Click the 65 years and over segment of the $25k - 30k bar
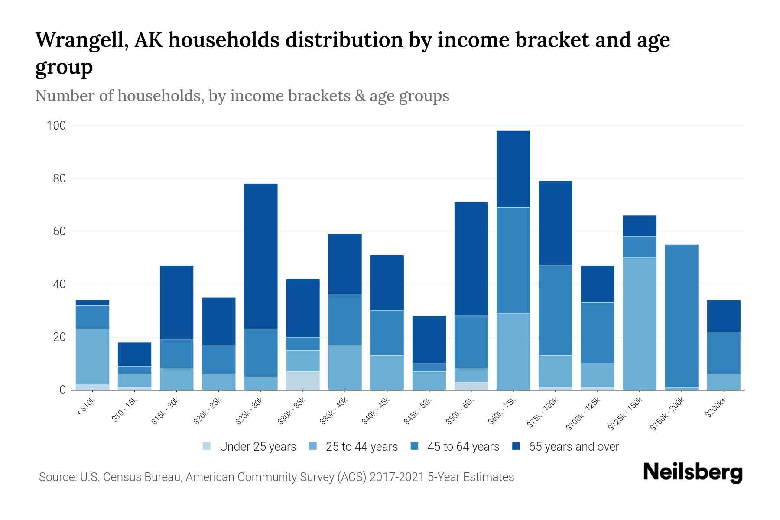[x=261, y=256]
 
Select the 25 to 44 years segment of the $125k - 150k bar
[x=640, y=324]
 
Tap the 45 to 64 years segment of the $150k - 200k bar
[x=682, y=316]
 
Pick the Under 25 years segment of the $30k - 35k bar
[x=303, y=380]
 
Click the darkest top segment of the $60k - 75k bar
[x=513, y=169]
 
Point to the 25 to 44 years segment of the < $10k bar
[x=92, y=357]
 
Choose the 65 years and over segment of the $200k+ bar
[x=724, y=316]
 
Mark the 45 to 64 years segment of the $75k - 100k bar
[x=555, y=310]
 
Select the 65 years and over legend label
[x=574, y=447]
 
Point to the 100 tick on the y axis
[x=56, y=126]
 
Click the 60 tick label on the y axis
[x=59, y=231]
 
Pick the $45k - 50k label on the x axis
[x=418, y=410]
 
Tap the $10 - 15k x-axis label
[x=124, y=410]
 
